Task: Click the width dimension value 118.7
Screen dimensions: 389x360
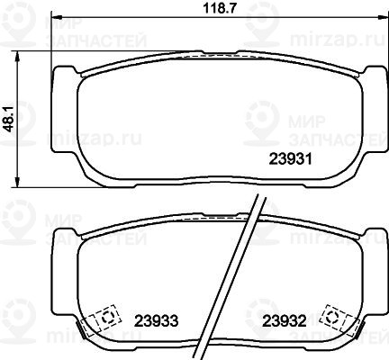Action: pyautogui.click(x=219, y=8)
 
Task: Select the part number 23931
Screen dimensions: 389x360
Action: pyautogui.click(x=291, y=159)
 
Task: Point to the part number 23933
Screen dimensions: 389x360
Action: pyautogui.click(x=157, y=321)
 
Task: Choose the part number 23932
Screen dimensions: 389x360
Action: pyautogui.click(x=285, y=321)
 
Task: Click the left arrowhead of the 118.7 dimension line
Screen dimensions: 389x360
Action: pyautogui.click(x=56, y=16)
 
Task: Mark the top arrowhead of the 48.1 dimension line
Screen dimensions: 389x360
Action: pyautogui.click(x=18, y=56)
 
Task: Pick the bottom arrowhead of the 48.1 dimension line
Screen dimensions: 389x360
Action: pyautogui.click(x=18, y=183)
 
